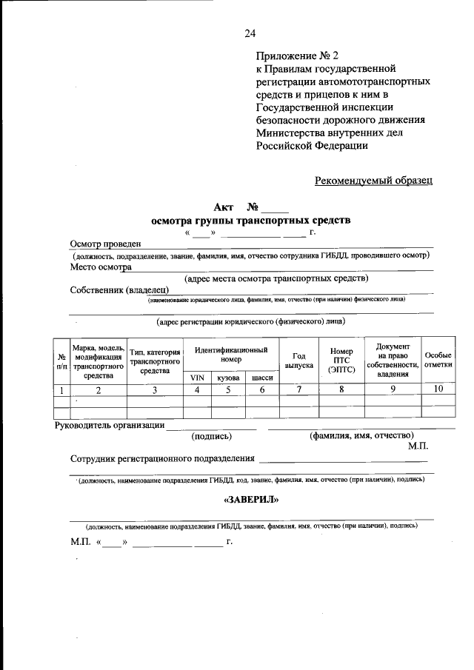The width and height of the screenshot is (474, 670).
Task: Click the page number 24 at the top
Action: [x=250, y=33]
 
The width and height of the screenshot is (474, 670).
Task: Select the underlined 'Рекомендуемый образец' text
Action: [x=373, y=179]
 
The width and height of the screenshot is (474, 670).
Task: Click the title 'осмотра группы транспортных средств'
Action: [x=250, y=220]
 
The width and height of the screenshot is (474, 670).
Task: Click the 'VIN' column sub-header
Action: [x=197, y=378]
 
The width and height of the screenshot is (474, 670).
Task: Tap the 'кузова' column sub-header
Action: [x=228, y=378]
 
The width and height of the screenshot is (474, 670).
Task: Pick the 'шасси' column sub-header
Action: [x=262, y=378]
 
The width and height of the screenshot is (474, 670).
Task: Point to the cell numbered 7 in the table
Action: [x=299, y=389]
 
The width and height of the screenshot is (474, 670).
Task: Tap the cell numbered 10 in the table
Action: [x=438, y=389]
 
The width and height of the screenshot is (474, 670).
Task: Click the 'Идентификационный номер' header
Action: [x=231, y=354]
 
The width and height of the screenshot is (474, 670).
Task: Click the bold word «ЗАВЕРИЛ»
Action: [x=250, y=500]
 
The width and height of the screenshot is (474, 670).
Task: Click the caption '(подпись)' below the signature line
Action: [x=212, y=436]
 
